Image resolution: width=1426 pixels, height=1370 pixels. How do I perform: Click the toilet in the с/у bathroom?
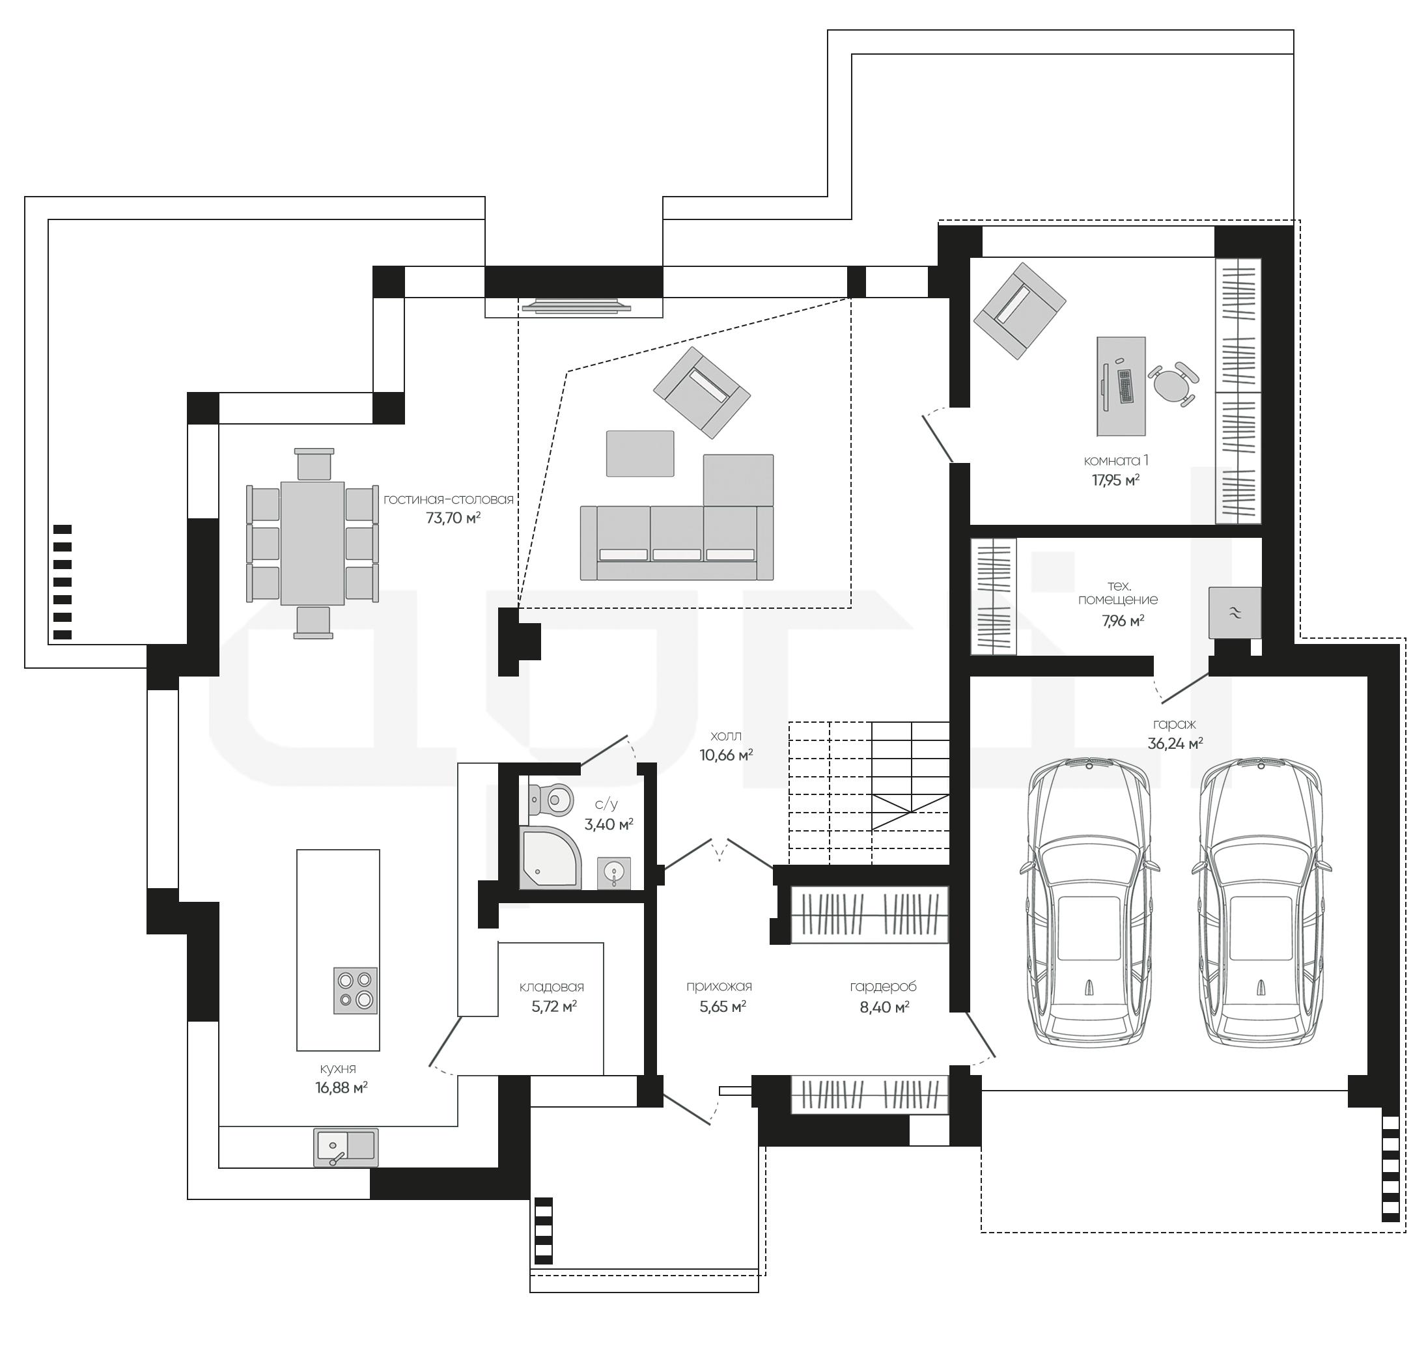[x=547, y=801]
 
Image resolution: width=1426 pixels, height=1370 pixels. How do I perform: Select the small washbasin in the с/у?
[x=614, y=873]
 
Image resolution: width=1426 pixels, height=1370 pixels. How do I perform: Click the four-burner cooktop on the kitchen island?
[x=355, y=990]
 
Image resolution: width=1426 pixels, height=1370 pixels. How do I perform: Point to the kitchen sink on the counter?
[x=346, y=1147]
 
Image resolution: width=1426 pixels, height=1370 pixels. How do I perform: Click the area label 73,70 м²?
[x=453, y=518]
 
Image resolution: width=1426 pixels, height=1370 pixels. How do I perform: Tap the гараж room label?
[x=1174, y=724]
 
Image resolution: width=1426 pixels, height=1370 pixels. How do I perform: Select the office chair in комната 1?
[x=1172, y=384]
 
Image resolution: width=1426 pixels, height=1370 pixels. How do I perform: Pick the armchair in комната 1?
[x=1020, y=311]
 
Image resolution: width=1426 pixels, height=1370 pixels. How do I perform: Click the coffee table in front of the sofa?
[x=640, y=453]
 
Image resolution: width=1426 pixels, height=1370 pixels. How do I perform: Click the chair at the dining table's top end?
[x=315, y=464]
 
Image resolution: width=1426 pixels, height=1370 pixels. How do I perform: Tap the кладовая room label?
[x=552, y=986]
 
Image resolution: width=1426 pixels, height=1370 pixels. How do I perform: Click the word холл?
[x=726, y=736]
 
